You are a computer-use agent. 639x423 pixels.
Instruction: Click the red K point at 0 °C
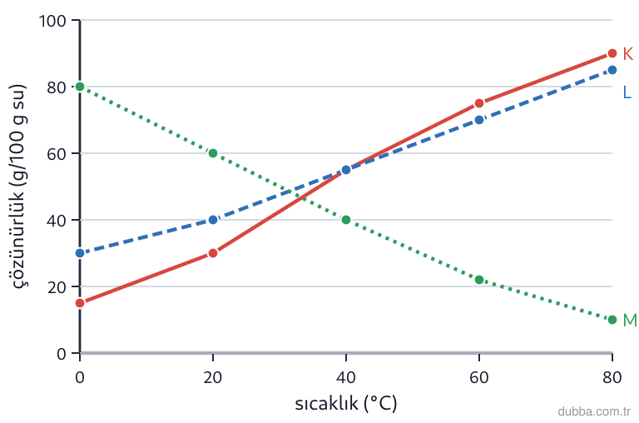80,303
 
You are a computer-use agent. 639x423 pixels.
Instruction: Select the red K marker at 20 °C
213,253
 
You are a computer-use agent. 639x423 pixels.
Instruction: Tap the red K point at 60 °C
479,103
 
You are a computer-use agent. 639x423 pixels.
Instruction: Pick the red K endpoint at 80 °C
612,53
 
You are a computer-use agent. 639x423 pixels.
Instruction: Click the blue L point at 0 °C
80,253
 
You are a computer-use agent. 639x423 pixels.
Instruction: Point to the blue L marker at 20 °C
213,220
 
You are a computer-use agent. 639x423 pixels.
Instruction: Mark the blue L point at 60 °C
479,120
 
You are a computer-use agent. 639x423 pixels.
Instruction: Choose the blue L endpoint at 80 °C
612,70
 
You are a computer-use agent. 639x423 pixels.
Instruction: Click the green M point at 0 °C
80,87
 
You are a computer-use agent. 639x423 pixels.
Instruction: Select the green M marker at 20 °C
213,153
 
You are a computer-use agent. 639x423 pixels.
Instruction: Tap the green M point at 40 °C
346,220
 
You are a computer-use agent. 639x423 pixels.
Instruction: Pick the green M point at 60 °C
479,280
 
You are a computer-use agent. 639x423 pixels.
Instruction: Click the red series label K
628,54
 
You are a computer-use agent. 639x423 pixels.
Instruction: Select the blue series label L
627,92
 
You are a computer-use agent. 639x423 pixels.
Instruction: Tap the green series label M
630,321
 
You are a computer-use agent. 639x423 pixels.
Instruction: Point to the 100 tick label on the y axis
52,21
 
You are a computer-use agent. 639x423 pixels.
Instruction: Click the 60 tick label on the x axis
479,378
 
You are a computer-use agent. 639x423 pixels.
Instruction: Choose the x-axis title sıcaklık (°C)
345,403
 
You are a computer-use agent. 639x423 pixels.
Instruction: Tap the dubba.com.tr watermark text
594,411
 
